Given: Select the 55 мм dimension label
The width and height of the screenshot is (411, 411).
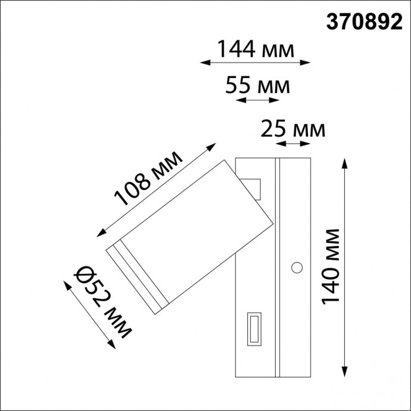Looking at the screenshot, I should click(x=258, y=87).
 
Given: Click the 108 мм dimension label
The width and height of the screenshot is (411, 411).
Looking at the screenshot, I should click(x=148, y=178).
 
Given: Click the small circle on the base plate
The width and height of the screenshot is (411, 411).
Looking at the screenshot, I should click(x=296, y=267).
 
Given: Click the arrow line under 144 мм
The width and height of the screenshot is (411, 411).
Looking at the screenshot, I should click(x=256, y=61).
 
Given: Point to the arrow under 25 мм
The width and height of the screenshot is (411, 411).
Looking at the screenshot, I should click(x=294, y=143).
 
